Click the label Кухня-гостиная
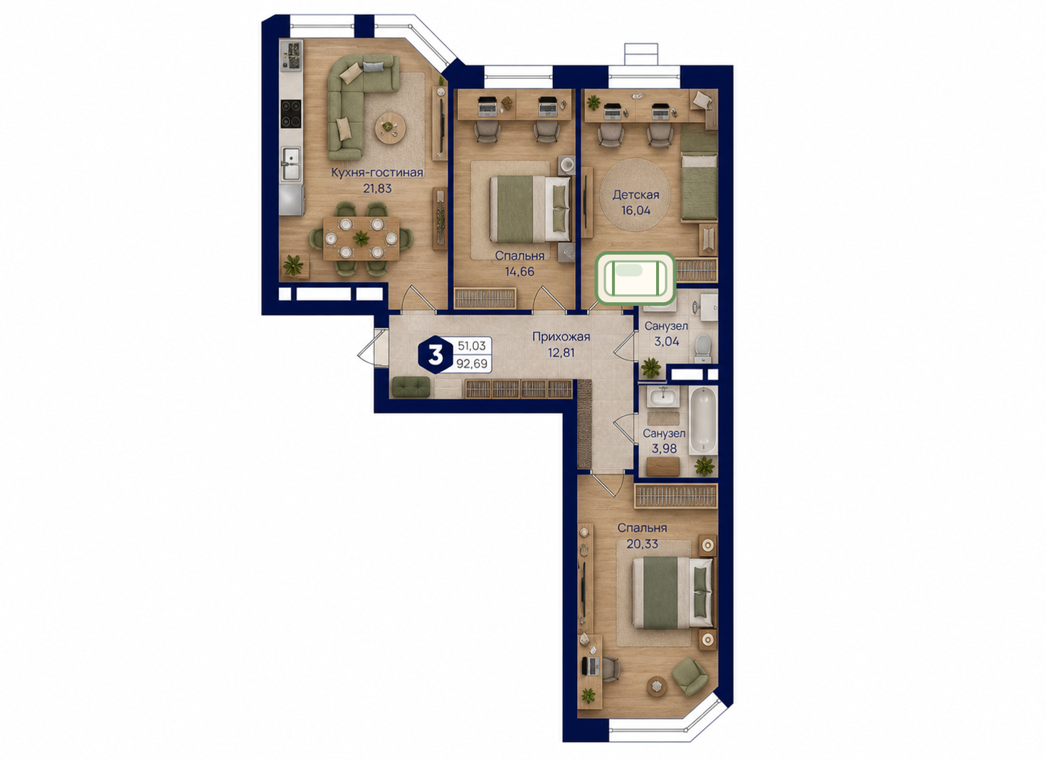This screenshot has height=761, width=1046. pos(377,172)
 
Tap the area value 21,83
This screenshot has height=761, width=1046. pos(377,188)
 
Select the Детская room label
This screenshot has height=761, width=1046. pos(635,195)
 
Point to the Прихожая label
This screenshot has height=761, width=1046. pos(561,336)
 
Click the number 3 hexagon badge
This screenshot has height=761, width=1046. pos(435,355)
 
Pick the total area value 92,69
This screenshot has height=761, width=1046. pos(472,363)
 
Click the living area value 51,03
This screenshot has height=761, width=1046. pos(472,346)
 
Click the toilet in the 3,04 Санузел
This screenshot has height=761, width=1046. pos(703,348)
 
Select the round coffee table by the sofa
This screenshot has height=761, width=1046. pos(391,127)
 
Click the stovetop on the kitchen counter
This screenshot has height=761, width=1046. pos(290,114)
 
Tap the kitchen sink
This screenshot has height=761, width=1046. pos(290,164)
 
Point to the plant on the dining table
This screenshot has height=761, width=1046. pos(361,238)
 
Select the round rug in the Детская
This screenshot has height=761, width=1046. pos(635,195)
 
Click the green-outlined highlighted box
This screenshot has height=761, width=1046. pos(635,278)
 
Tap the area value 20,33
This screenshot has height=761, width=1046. pos(642,544)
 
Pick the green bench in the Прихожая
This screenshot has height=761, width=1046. pos(411,387)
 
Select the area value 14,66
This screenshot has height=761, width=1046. pos(519,271)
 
